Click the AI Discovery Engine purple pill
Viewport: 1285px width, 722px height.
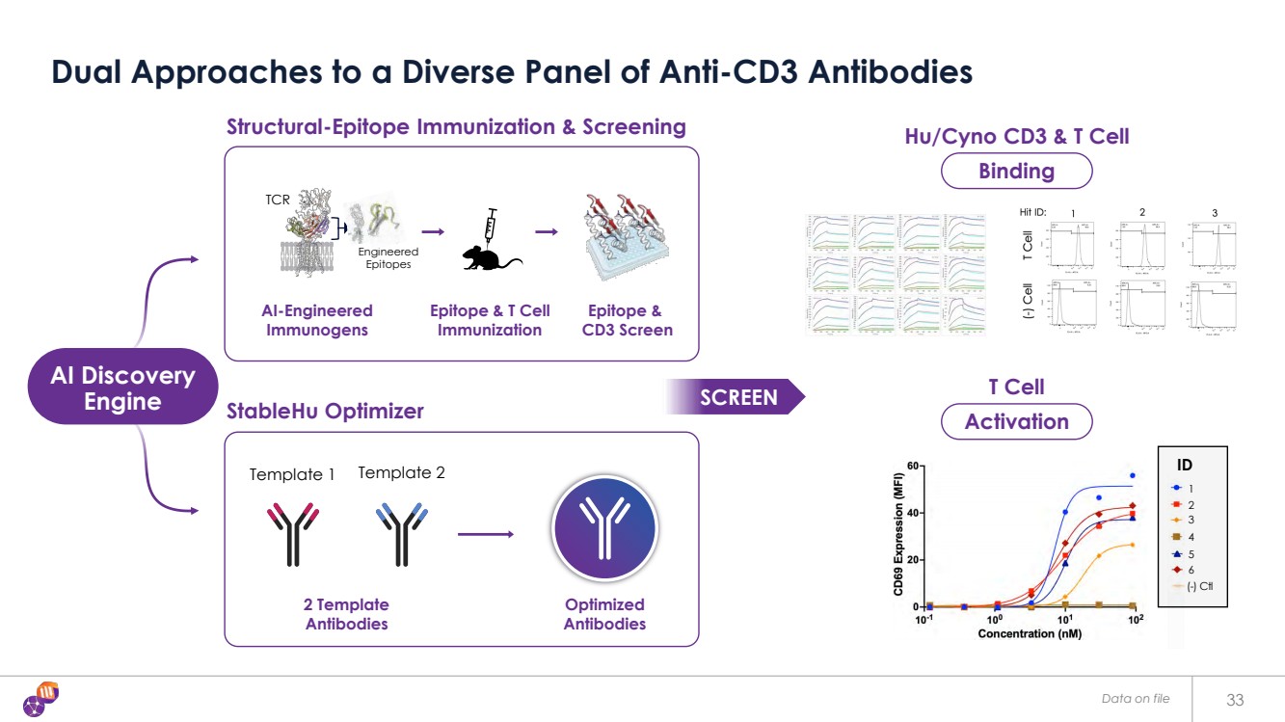point(122,388)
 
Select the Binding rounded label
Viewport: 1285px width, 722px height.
point(1016,172)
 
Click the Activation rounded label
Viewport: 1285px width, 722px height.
point(1016,421)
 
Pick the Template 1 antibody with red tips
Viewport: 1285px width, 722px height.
point(291,533)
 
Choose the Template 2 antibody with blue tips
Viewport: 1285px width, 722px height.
point(399,533)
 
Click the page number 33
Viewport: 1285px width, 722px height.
point(1236,699)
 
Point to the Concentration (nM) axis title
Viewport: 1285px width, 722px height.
point(1029,633)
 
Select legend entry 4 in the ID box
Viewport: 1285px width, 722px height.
point(1191,537)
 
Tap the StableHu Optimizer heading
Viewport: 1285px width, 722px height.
point(325,412)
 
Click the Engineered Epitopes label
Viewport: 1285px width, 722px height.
point(390,257)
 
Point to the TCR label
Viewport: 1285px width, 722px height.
point(278,201)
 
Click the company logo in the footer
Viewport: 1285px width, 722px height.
point(41,699)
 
